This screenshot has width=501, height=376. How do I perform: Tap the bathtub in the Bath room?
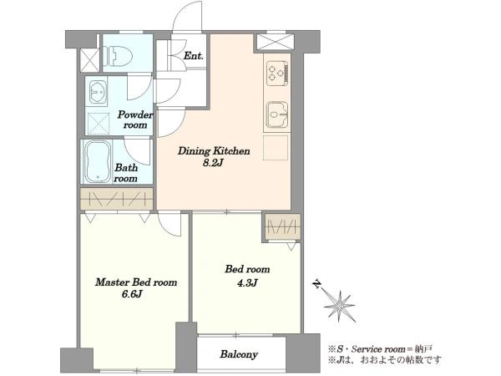point(98,161)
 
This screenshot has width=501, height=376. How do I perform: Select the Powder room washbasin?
point(98,91)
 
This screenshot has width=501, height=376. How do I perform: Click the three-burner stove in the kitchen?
point(277,74)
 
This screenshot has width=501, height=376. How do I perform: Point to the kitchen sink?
point(277,114)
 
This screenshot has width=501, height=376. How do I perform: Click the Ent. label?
point(194,56)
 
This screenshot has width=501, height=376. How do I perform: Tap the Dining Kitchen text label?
point(214,151)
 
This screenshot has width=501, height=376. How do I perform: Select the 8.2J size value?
point(212,163)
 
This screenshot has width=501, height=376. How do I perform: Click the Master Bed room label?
point(136,282)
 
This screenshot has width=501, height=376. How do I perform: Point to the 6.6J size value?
point(132,294)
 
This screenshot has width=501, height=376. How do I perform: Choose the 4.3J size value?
point(247,283)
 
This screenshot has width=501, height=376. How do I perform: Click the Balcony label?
point(239,354)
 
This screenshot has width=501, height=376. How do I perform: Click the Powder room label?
point(135,119)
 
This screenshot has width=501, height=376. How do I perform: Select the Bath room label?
point(126,173)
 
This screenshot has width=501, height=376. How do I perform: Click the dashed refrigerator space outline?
point(276,147)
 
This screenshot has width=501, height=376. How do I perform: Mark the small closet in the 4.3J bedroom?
point(282,227)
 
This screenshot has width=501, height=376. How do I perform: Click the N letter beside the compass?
point(316,283)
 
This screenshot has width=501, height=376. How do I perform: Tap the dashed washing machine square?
point(98,124)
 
